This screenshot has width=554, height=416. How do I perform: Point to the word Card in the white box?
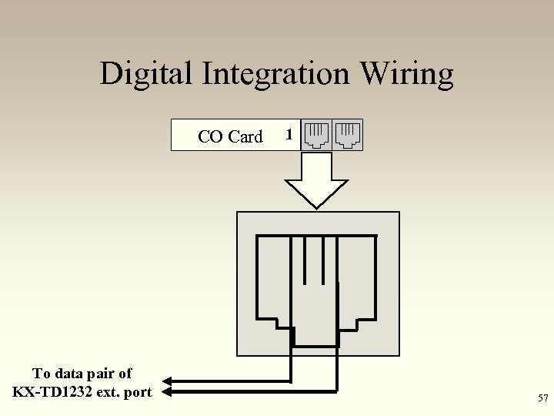coord(245,136)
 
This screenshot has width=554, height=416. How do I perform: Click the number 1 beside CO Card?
coord(289,135)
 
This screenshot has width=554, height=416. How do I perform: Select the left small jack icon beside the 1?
coord(316,135)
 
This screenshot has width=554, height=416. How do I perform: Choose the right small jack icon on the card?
coord(348,135)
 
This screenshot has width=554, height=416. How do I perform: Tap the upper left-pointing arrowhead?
coord(170,381)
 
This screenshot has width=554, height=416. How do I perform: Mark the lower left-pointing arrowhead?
coord(170,392)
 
